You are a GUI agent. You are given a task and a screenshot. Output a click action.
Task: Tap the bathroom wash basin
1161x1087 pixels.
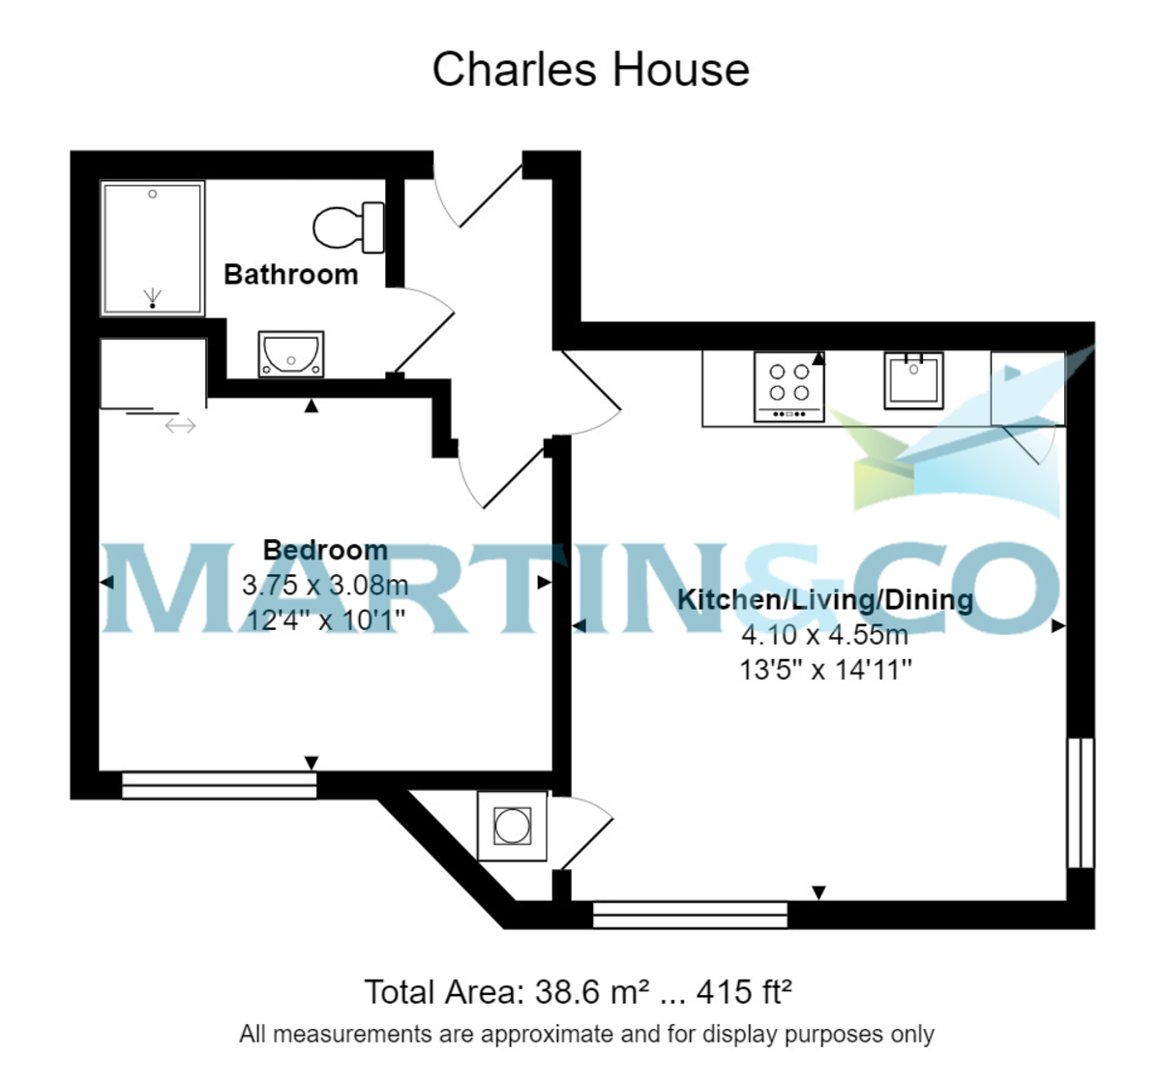coord(290,354)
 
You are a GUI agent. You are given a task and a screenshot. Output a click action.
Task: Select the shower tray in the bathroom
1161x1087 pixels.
coord(153,248)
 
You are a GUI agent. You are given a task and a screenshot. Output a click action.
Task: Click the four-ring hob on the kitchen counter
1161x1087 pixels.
coord(789,385)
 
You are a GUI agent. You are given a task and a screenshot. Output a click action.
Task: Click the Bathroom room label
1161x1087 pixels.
coord(290,275)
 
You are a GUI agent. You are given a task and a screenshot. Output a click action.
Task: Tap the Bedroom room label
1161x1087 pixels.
coord(325,551)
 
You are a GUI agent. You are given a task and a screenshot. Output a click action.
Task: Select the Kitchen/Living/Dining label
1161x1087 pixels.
coord(824,600)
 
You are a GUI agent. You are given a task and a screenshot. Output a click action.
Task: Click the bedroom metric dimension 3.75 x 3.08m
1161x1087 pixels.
coord(325,586)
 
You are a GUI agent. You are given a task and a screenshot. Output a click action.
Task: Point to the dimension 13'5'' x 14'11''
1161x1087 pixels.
coord(825,670)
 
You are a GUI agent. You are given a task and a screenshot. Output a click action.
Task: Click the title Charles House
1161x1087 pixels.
coord(590,70)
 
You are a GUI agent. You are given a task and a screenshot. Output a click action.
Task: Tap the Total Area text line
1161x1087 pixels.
coord(578,992)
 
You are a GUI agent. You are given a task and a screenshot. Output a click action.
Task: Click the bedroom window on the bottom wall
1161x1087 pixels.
coord(220,785)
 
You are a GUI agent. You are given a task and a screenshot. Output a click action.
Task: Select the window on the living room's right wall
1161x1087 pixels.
coord(1081,802)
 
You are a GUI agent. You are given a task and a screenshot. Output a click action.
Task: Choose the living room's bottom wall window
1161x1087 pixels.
coord(690,915)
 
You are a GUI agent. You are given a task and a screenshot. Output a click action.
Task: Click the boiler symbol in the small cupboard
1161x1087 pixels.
coord(512,827)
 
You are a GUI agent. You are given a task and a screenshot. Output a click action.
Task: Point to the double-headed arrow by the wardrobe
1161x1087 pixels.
coord(180,425)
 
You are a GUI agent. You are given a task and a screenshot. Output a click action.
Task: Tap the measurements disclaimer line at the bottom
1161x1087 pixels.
coord(586,1035)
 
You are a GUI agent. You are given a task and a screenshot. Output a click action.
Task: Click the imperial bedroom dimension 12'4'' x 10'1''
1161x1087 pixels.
coord(325,619)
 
